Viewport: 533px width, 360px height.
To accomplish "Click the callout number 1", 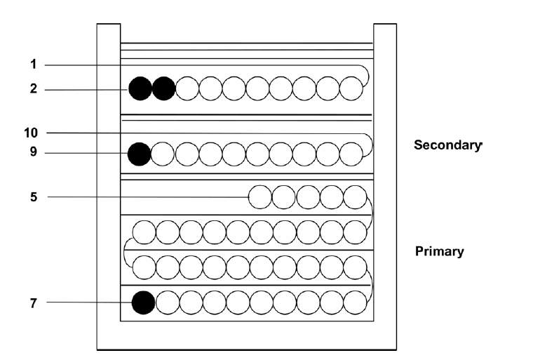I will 33,65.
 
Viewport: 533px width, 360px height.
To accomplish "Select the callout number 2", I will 33,89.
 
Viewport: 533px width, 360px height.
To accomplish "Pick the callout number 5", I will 33,197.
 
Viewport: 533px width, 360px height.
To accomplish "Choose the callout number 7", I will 33,302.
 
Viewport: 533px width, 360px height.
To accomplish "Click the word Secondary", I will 447,145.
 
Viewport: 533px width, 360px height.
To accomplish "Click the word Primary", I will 439,251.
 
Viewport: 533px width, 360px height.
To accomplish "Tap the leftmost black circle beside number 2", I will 140,89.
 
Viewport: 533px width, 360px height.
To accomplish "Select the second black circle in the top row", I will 163,89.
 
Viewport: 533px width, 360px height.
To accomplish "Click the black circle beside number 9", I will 140,154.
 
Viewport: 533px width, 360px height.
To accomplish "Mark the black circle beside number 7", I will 144,302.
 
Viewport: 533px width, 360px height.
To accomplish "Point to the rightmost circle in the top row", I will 351,89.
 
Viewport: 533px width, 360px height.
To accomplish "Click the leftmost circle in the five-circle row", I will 260,197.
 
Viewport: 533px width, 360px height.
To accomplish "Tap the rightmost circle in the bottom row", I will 356,302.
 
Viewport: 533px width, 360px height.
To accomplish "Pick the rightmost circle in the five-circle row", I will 356,197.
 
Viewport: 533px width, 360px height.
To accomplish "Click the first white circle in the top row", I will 187,89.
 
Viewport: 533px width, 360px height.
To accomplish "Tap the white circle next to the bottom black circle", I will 167,302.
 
